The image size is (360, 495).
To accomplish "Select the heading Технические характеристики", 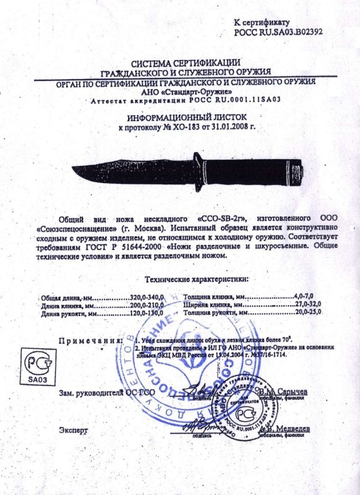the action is click(196, 280).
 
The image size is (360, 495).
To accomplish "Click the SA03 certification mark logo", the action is click(35, 364).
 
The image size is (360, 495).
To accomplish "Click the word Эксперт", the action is click(74, 429).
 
